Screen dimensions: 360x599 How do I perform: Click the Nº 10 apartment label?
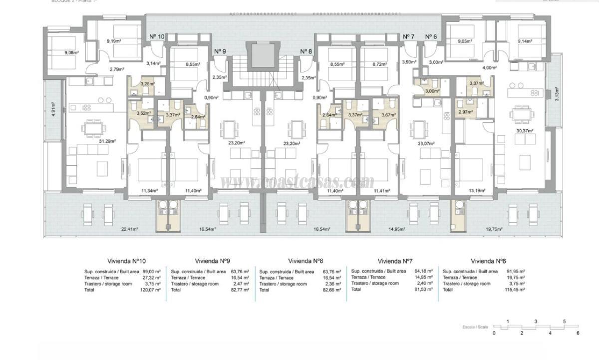157,36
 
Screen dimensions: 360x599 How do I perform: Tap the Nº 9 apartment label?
220,51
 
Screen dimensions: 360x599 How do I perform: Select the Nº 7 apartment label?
408,36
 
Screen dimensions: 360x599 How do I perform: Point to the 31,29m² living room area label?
107,141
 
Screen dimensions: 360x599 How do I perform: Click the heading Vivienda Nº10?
127,261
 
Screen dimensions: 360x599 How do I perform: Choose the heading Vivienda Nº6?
488,261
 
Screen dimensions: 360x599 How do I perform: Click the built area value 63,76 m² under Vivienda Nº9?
240,272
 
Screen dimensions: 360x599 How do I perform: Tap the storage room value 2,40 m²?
423,283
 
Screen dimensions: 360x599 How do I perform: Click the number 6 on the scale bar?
578,333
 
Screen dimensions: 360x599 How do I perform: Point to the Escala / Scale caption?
476,328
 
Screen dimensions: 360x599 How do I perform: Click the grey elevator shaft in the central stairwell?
261,55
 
